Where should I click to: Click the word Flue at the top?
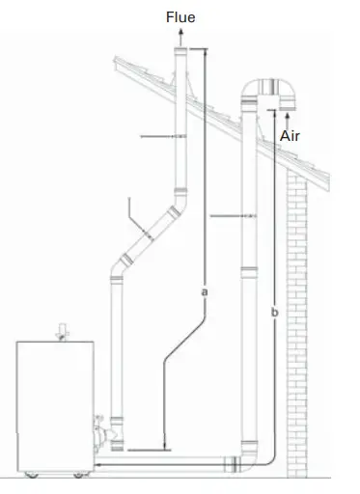180,16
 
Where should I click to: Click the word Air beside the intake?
291,136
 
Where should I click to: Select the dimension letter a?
205,288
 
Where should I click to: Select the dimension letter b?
276,314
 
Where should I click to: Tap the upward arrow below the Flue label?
180,34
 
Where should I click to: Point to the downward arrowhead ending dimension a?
167,447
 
